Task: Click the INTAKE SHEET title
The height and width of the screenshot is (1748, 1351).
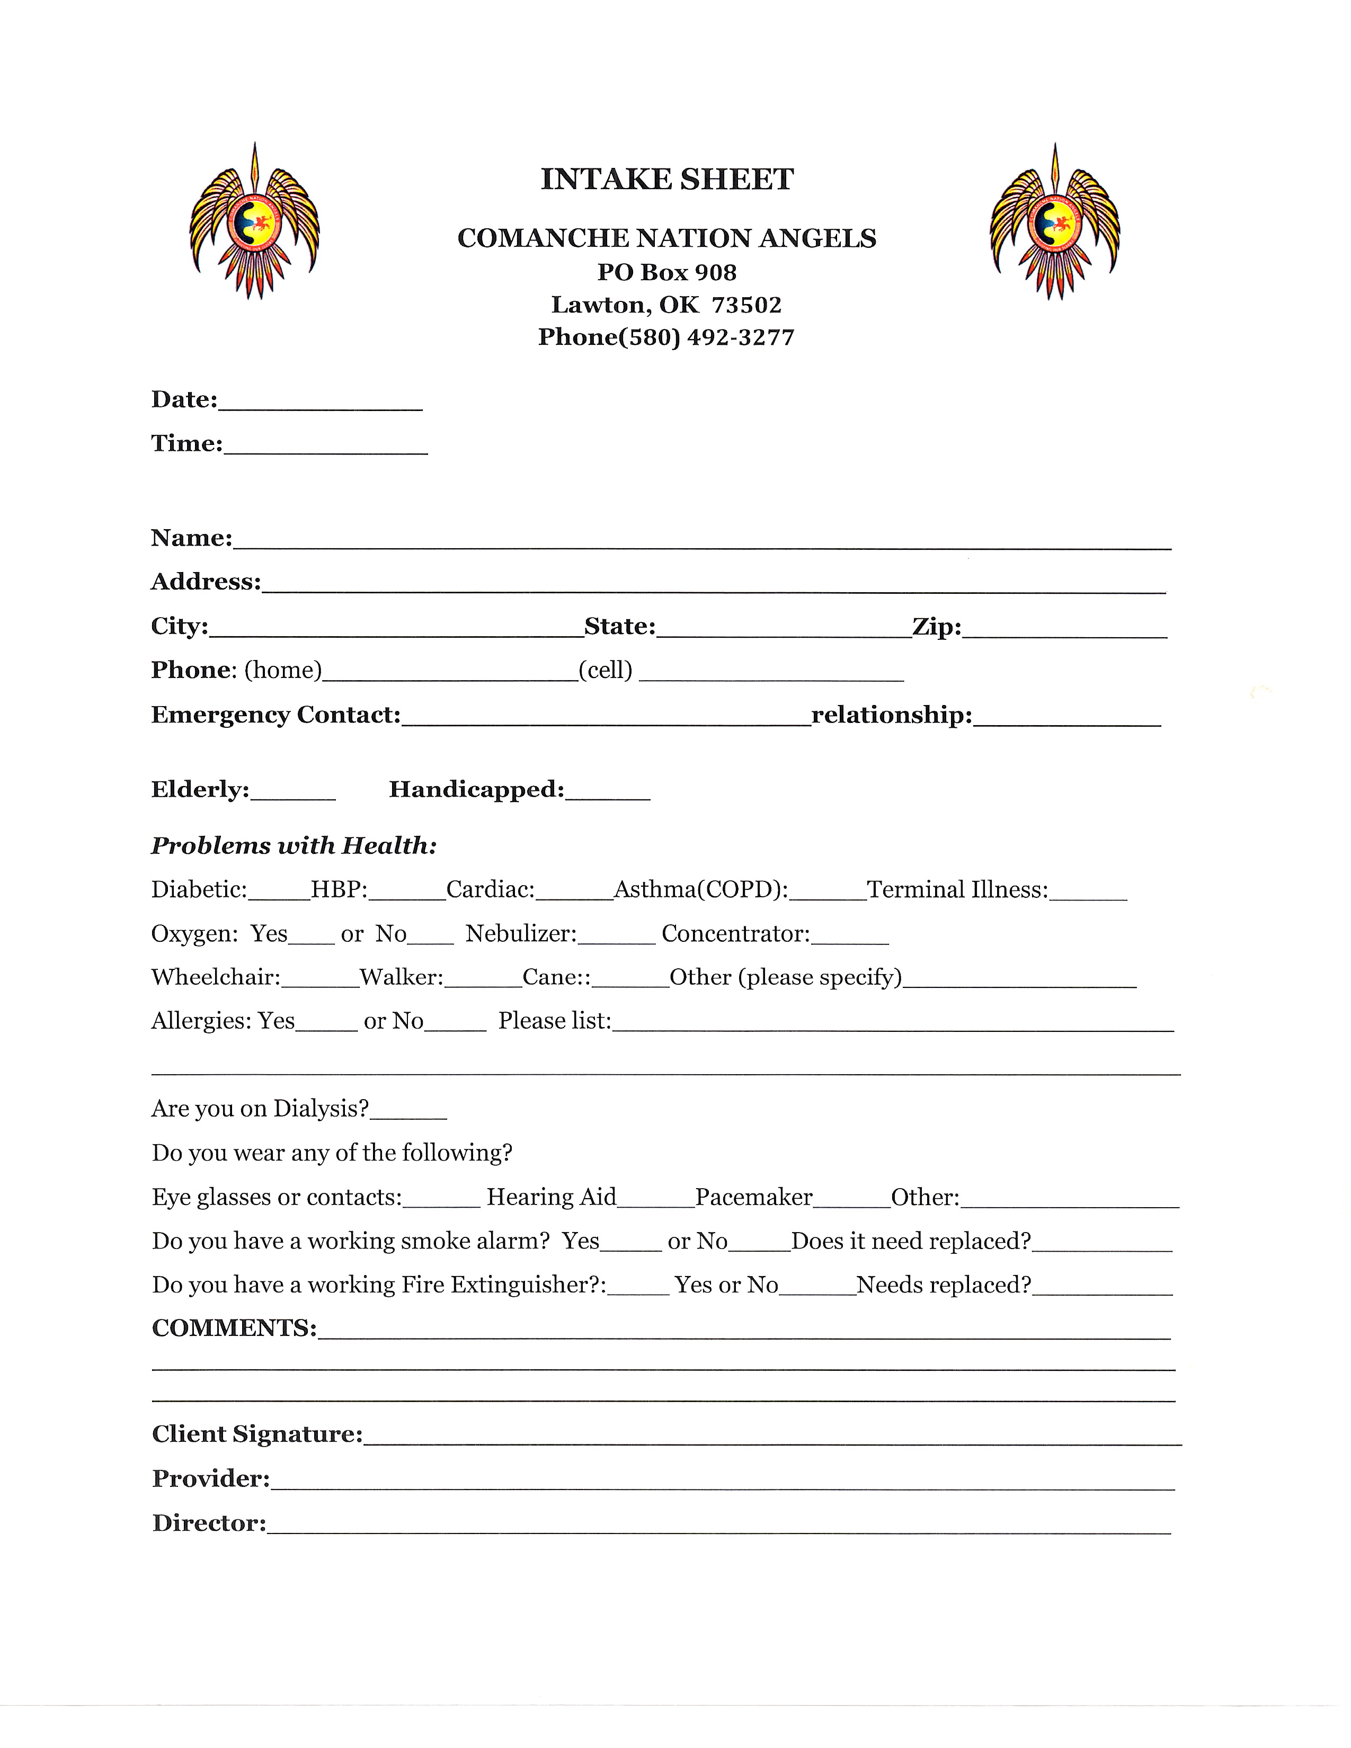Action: (666, 179)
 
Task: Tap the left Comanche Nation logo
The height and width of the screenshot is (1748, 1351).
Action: (254, 222)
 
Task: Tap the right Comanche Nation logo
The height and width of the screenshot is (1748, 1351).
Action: (1055, 222)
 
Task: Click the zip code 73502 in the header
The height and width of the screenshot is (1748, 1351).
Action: (746, 305)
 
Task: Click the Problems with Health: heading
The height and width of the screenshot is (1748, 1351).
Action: (294, 846)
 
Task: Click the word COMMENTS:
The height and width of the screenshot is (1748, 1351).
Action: (234, 1328)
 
